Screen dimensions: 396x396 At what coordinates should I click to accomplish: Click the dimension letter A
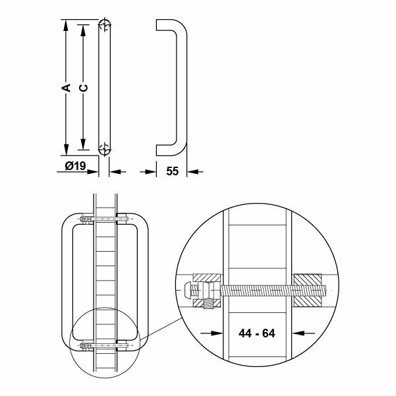click(x=66, y=86)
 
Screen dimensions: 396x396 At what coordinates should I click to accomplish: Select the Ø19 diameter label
click(x=76, y=167)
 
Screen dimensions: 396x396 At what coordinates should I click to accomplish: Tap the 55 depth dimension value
click(x=173, y=171)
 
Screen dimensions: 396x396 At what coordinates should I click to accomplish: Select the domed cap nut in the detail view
click(x=188, y=289)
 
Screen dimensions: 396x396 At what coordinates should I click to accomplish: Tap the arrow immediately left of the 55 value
click(x=150, y=171)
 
